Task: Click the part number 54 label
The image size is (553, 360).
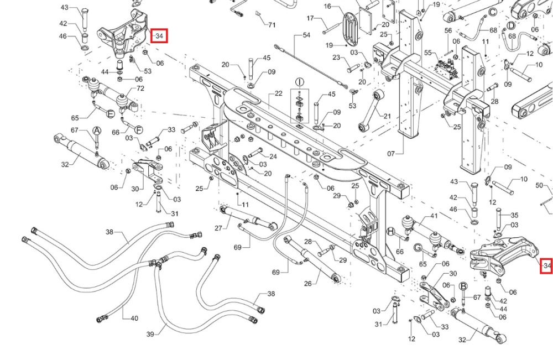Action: tap(306, 35)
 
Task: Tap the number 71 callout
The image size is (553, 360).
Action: tap(272, 25)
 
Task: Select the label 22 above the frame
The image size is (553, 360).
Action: tap(279, 93)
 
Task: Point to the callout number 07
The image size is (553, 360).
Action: tap(391, 154)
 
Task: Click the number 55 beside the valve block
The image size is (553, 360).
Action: tap(428, 53)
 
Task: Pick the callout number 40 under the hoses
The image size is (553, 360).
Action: tap(134, 319)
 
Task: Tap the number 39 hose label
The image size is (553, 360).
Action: tap(150, 334)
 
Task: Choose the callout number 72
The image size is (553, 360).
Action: tap(140, 88)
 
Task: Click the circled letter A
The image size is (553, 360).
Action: tap(97, 131)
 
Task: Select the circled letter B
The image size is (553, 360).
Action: tap(463, 286)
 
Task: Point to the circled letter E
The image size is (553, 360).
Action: tap(111, 114)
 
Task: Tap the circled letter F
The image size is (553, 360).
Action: tap(139, 130)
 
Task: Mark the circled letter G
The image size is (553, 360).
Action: tap(418, 248)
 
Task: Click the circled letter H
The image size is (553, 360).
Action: tap(390, 232)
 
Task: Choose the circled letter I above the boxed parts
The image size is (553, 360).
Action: tap(299, 82)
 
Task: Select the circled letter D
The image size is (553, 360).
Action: tap(511, 26)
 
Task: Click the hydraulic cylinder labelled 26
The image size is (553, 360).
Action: tap(312, 258)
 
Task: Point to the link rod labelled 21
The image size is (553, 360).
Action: tap(370, 111)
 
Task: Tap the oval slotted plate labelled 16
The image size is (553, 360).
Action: tap(350, 28)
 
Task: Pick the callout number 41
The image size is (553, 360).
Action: tap(434, 216)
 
